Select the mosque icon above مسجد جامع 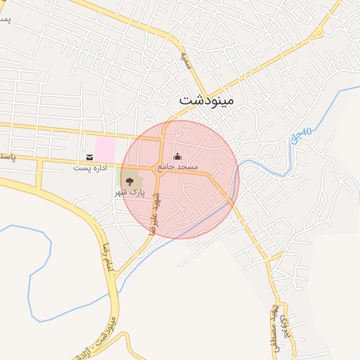point(176,156)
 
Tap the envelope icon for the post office point(89,156)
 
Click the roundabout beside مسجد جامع point(160,169)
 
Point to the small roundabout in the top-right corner point(319,32)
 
